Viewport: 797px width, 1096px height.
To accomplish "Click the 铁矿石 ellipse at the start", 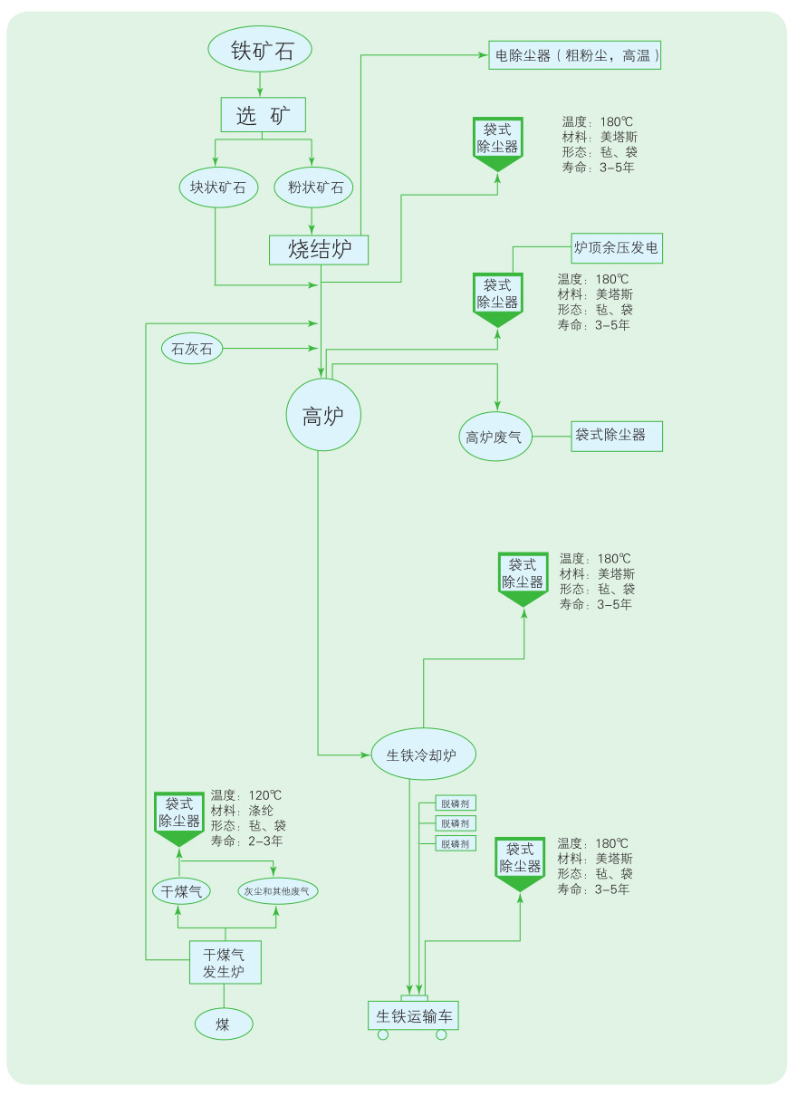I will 261,51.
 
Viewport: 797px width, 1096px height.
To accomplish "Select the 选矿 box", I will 264,115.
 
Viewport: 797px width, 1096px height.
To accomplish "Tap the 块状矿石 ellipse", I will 217,187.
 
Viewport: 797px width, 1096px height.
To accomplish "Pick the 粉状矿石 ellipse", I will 315,187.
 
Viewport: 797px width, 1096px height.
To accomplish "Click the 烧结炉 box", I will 319,250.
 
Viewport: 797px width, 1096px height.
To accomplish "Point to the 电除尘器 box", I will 575,55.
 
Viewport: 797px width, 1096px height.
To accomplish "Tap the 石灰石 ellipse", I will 192,349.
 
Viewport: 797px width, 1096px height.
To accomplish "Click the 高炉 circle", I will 323,416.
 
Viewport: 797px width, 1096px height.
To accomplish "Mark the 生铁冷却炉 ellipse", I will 423,755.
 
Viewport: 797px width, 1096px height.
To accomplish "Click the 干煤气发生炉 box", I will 225,963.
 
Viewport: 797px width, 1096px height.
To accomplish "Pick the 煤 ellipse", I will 223,1024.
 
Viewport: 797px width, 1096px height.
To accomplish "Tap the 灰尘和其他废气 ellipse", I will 277,891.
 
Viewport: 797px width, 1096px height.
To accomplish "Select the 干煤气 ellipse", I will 181,891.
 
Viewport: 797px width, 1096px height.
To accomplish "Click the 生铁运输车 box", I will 413,1015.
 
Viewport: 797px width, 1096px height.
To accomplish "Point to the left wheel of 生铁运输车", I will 382,1035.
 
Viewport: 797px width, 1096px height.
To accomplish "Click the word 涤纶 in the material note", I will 261,811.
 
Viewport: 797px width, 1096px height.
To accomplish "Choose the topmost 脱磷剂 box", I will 455,803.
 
